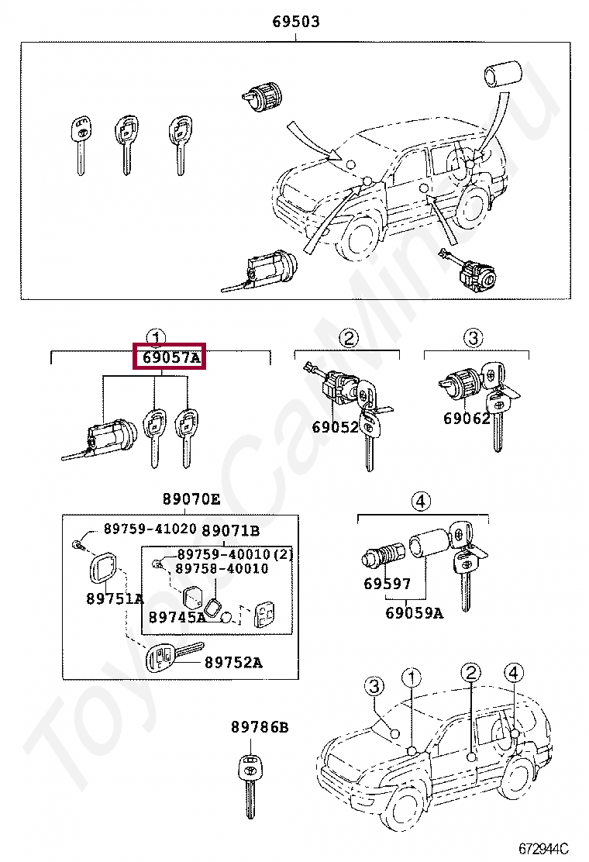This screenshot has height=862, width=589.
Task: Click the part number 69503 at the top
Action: click(x=295, y=22)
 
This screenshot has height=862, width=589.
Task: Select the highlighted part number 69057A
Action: click(x=170, y=357)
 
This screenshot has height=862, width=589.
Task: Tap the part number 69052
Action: click(x=336, y=427)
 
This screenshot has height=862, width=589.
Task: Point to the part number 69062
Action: click(x=467, y=419)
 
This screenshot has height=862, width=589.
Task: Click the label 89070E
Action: click(x=191, y=499)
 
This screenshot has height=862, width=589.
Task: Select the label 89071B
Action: click(x=230, y=531)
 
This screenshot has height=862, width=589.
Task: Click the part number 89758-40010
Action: click(x=222, y=568)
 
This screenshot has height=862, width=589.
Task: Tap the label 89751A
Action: click(x=115, y=598)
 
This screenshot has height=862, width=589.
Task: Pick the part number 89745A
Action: click(x=177, y=617)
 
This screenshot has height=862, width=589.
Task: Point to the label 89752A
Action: click(x=233, y=662)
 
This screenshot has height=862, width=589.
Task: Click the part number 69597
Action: click(x=387, y=584)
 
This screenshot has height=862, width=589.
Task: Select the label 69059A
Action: click(x=415, y=613)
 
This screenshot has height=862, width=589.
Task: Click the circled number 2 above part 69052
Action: click(x=349, y=338)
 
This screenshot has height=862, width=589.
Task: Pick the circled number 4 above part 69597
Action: click(x=419, y=502)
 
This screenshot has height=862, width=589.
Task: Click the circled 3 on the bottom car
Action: click(x=375, y=686)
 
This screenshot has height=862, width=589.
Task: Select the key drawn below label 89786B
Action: click(x=250, y=782)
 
